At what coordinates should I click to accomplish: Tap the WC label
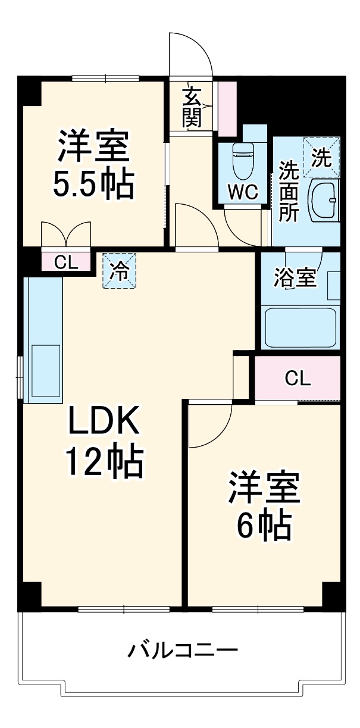point(243,192)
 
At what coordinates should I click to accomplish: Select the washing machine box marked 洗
point(321,157)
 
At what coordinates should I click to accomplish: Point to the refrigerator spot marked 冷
point(119,271)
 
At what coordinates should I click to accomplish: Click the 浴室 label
point(295,279)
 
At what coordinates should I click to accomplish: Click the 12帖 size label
point(104,462)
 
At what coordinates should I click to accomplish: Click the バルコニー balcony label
point(183,649)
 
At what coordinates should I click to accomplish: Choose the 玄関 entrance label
point(192,107)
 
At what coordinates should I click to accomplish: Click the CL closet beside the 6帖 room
point(298,379)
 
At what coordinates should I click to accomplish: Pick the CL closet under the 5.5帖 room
point(66,262)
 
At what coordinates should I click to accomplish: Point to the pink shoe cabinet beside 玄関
point(227,107)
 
